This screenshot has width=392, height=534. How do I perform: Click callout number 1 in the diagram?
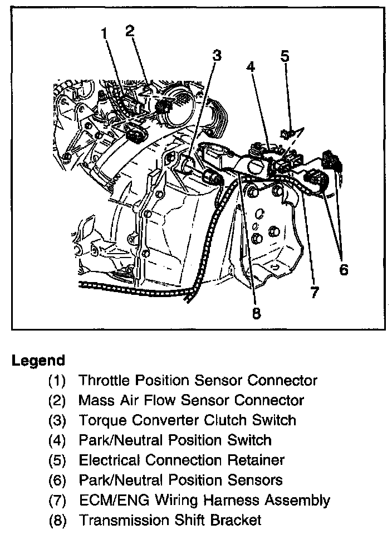pos(104,35)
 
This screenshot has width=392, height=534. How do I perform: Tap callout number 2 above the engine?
pos(130,31)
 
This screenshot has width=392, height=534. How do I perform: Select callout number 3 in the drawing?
pos(216,55)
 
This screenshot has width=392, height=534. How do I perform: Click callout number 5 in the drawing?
pos(285,56)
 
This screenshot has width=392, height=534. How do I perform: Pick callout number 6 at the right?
pos(343,270)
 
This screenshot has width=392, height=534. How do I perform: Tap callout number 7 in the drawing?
pos(315,292)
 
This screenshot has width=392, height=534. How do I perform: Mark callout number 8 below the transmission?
pos(256,313)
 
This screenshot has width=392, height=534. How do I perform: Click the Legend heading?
pos(38,361)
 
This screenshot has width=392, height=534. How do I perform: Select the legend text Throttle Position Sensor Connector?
pos(198,381)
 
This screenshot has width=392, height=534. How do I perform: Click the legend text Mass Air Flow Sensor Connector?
pos(191,400)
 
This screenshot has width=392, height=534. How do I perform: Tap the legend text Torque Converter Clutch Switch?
pos(187,420)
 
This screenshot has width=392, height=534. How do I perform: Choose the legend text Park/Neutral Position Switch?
pos(175,440)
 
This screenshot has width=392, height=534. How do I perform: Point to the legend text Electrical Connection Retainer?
pos(182,460)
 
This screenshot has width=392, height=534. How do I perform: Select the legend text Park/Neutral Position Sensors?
pos(180,480)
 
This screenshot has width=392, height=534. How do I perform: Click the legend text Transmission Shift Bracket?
pos(170,520)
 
